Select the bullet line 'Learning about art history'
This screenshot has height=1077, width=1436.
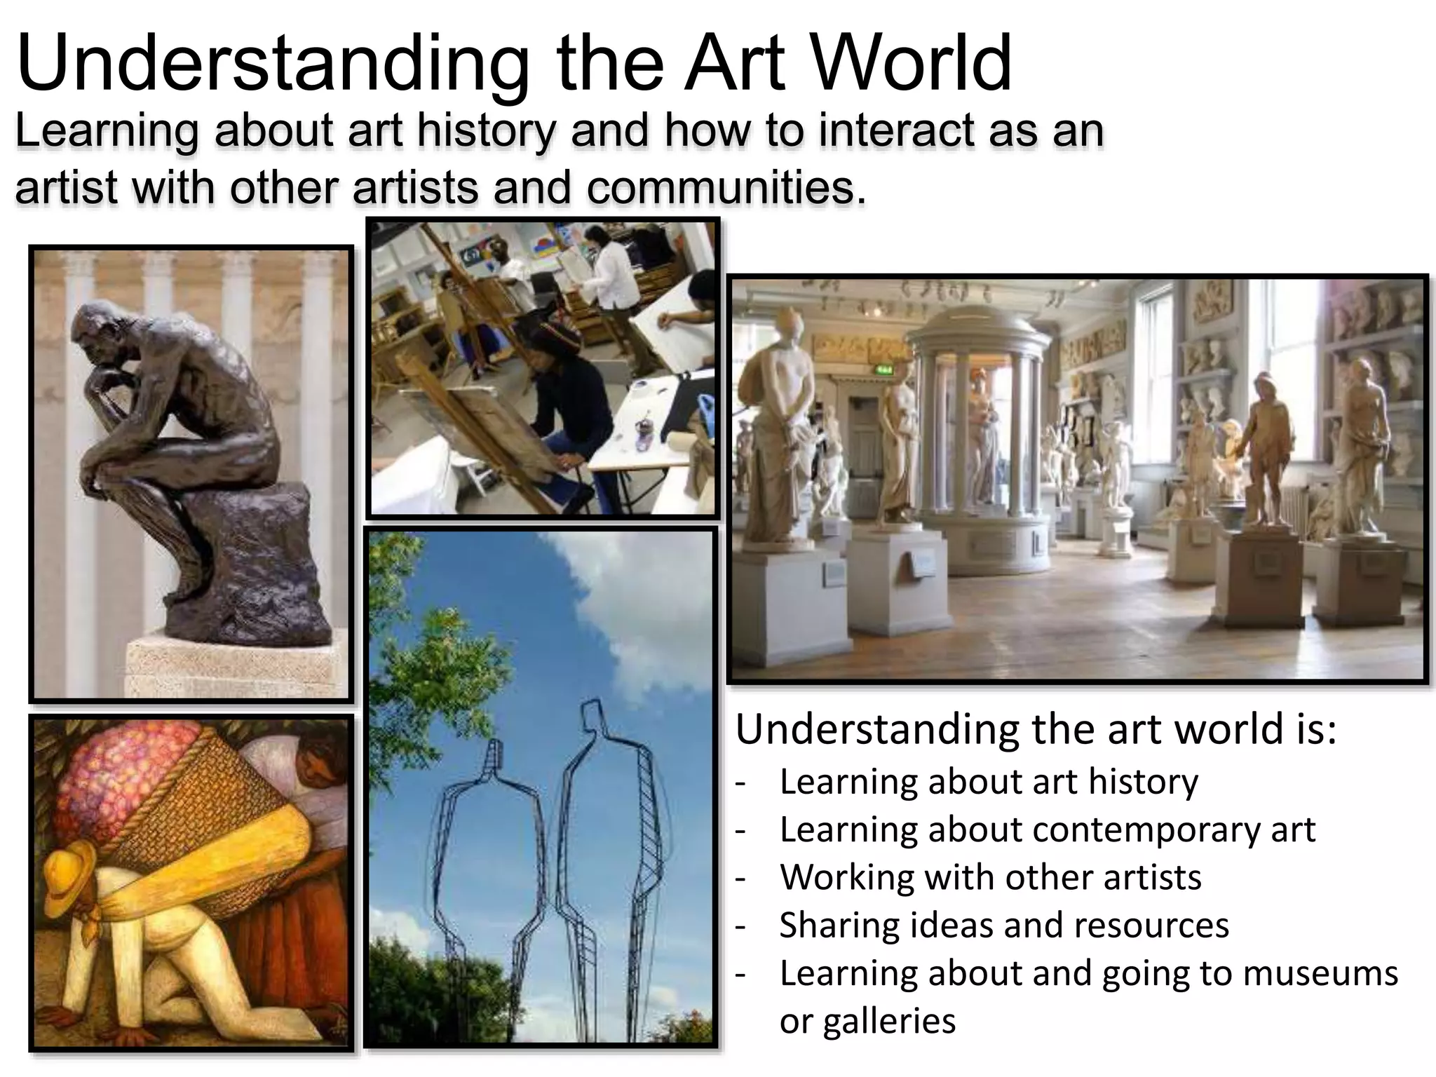coord(989,782)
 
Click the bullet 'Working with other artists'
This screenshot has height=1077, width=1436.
coord(990,877)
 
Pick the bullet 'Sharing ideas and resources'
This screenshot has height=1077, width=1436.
coord(1004,925)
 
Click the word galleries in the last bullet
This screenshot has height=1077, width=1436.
coord(867,1021)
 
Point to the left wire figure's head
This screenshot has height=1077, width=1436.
coord(495,754)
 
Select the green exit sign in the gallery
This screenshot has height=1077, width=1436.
coord(886,370)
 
